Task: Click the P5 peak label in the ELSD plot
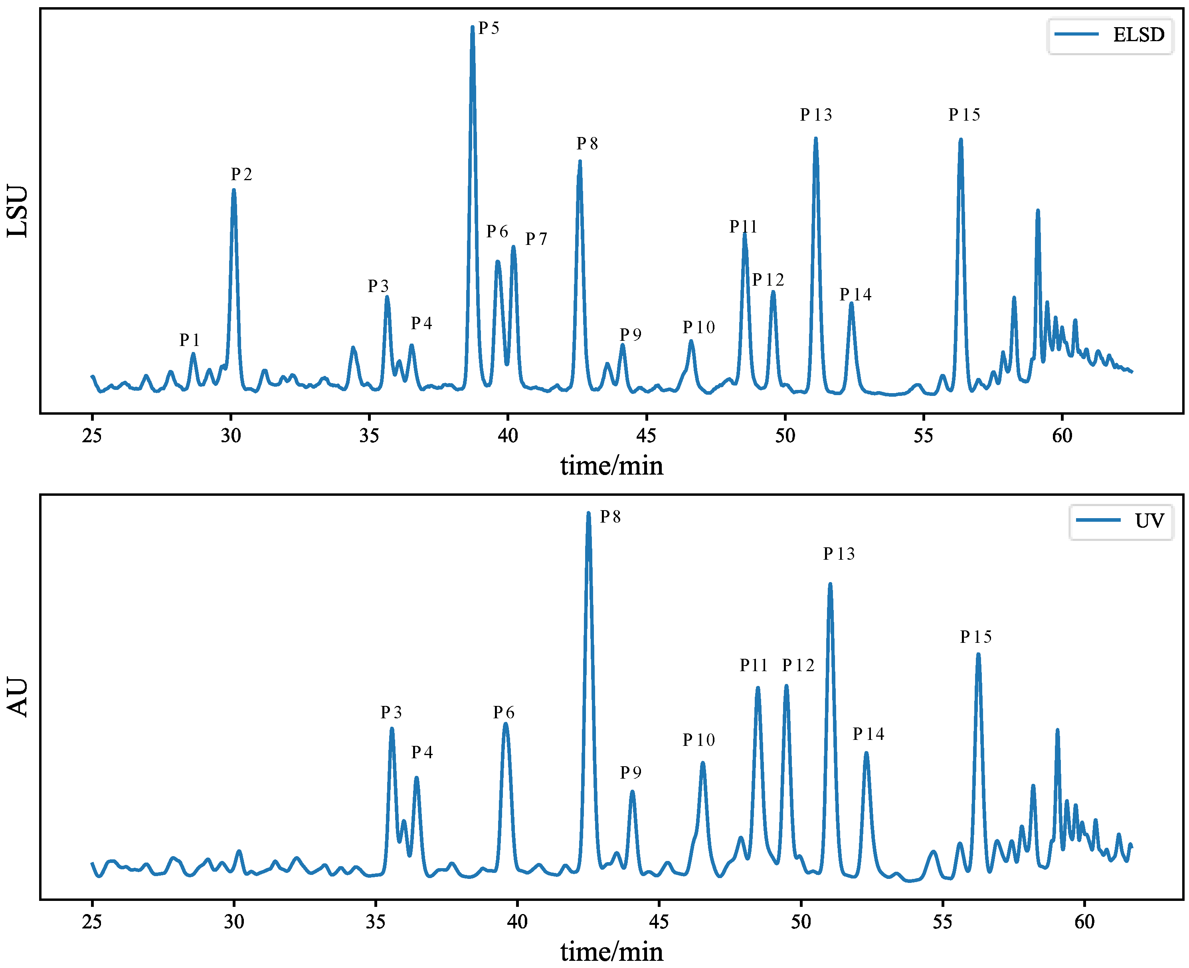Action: click(489, 28)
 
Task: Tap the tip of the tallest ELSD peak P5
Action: click(473, 27)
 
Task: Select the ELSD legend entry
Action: click(1109, 35)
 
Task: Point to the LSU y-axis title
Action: click(18, 211)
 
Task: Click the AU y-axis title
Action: click(18, 697)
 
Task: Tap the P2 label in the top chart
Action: click(241, 175)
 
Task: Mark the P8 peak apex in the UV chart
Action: click(588, 513)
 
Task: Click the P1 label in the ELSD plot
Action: click(190, 340)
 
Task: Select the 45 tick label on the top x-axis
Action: click(646, 435)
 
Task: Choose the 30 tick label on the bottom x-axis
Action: click(234, 922)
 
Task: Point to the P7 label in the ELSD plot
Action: click(536, 239)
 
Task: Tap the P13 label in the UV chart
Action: click(839, 554)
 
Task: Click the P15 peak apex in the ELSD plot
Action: click(961, 140)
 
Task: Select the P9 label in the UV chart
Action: click(631, 772)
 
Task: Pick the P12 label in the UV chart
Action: click(798, 665)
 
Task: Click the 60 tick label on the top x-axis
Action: click(1062, 435)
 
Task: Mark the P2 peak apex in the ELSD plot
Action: click(233, 191)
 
